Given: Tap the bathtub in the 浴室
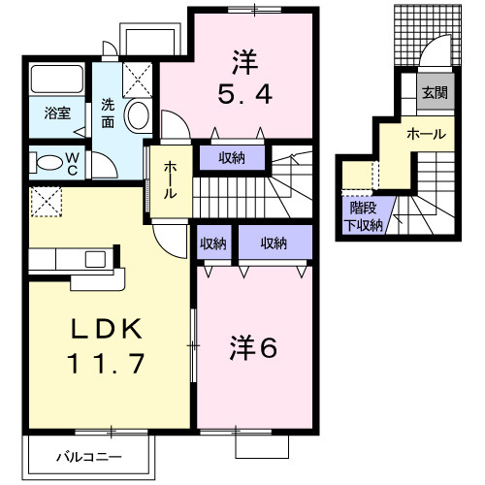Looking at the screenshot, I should coord(57,80).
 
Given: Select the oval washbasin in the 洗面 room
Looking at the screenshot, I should coord(138,115).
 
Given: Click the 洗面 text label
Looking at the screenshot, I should coord(109,113).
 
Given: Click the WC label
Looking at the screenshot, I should coord(73,161).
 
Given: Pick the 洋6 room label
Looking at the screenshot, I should coord(255,346).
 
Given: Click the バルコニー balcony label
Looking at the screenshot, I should coord(87,454).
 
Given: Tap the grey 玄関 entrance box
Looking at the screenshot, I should coord(433,93).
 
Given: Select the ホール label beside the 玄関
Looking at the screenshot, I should coord(427,133).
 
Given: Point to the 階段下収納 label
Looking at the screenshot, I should coord(365,215).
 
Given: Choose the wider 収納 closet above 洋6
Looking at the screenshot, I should coord(274,242).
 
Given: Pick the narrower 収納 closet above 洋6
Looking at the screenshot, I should coord(213,242).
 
